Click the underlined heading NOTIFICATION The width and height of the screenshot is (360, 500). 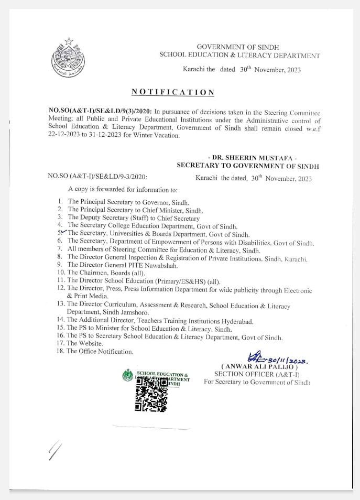[x=173, y=92]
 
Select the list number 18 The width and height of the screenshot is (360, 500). [x=60, y=351]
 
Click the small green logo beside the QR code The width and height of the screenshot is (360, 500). [x=128, y=375]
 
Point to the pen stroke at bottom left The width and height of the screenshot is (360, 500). [x=54, y=450]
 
